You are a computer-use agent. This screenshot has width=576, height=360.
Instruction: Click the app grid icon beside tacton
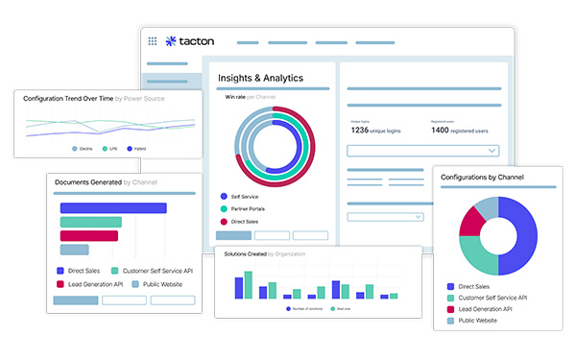coord(153,41)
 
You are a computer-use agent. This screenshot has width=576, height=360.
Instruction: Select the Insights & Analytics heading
coord(260,78)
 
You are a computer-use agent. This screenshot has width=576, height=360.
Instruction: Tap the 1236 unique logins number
coord(359,130)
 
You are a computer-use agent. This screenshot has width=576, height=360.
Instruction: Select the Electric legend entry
coord(84,149)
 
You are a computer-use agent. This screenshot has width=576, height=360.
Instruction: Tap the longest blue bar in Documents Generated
coord(113,207)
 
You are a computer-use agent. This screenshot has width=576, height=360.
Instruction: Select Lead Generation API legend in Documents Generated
coord(89,284)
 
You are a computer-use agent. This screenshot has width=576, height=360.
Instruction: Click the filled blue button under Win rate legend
coord(233,235)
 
